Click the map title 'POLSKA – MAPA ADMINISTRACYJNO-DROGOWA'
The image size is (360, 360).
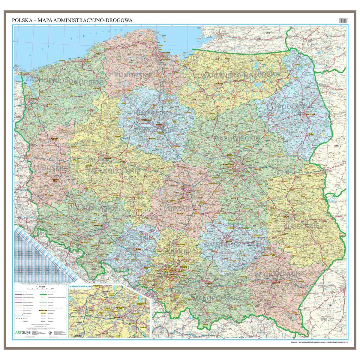pyautogui.click(x=72, y=20)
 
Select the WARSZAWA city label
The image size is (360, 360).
pyautogui.click(x=228, y=165)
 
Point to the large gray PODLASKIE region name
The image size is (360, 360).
pyautogui.click(x=295, y=106)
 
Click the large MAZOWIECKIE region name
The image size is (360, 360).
pyautogui.click(x=237, y=138)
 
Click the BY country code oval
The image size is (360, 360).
pyautogui.click(x=336, y=146)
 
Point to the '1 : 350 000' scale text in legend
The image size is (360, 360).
pyautogui.click(x=40, y=287)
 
